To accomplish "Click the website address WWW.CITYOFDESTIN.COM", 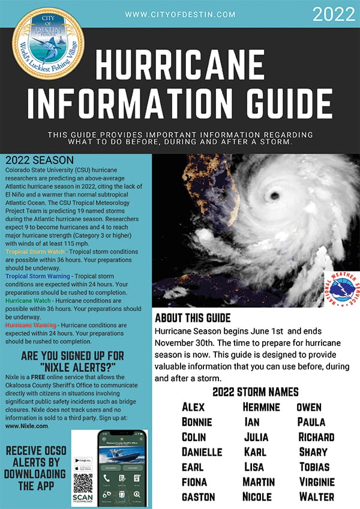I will (180, 14).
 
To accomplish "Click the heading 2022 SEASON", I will (38, 161).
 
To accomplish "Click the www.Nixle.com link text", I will (26, 426).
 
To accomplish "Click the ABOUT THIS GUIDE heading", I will (192, 318).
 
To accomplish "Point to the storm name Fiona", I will (194, 481).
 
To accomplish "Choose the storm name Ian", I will (252, 422).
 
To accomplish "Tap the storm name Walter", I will (316, 496).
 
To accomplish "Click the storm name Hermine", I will (261, 407).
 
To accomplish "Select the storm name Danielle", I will (202, 451).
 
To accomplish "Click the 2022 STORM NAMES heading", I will (256, 392).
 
